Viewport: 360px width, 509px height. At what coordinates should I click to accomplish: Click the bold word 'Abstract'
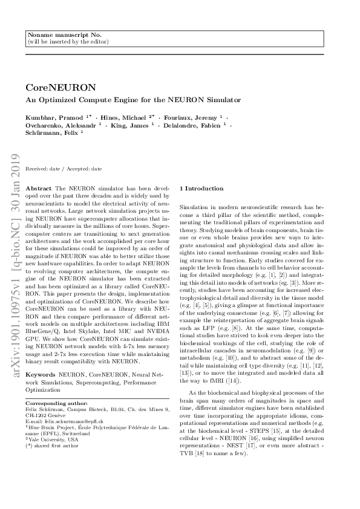(39, 189)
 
